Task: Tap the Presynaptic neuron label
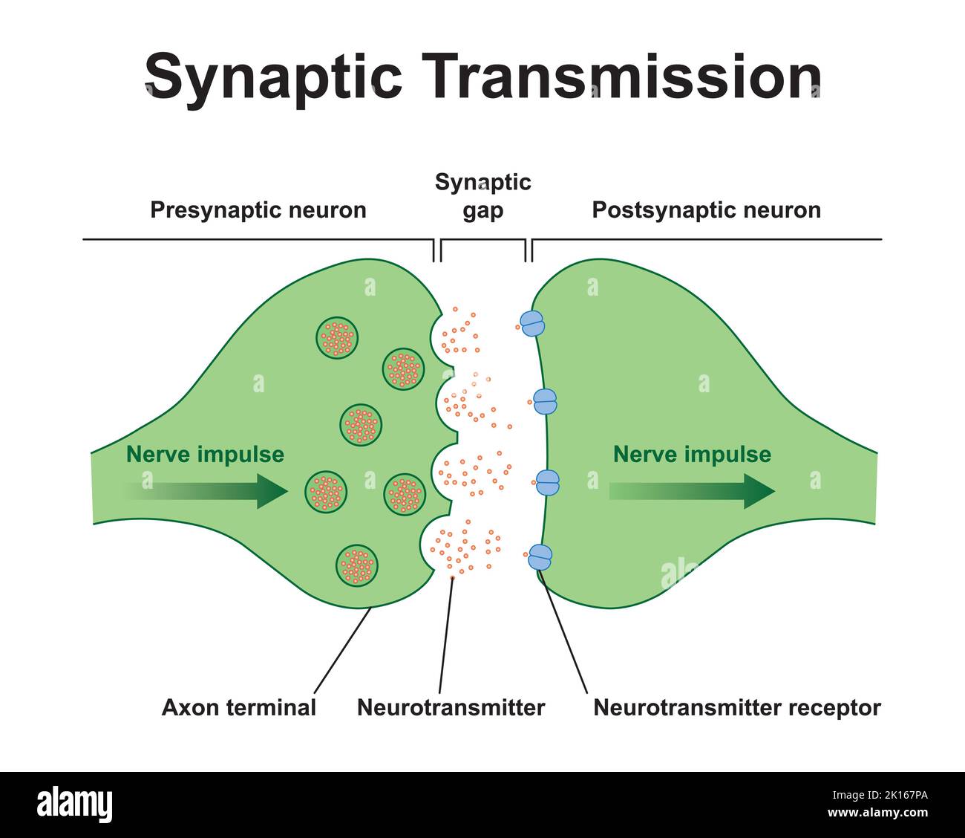click(258, 210)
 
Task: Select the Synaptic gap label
click(483, 196)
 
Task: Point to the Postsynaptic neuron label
click(706, 210)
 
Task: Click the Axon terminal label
click(239, 707)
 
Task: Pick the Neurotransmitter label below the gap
click(451, 707)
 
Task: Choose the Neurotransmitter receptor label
click(736, 707)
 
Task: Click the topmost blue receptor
click(532, 323)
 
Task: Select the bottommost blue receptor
click(540, 556)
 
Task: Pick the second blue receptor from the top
click(545, 402)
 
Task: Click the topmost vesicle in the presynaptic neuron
click(338, 339)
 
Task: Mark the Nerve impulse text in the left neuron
click(205, 455)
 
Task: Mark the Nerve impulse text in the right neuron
click(692, 455)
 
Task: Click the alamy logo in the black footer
click(75, 805)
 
